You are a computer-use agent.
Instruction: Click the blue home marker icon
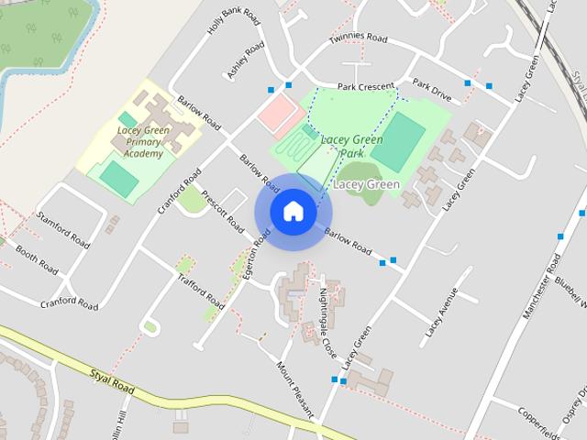point(293,211)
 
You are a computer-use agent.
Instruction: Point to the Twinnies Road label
point(360,40)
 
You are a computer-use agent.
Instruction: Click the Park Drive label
point(432,89)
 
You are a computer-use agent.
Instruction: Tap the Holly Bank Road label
point(222,16)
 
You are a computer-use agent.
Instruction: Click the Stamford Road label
point(63,228)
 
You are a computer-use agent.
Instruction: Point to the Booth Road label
point(37,259)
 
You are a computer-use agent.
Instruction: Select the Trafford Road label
point(200,291)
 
